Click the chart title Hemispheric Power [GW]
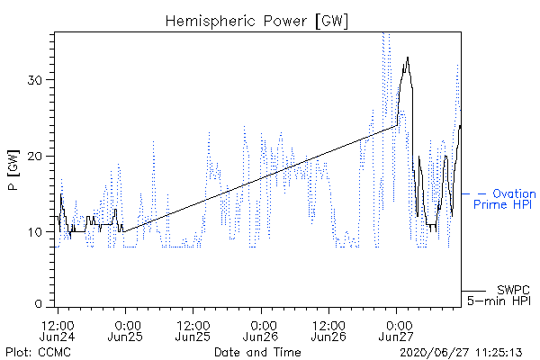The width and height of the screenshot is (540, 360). tap(256, 22)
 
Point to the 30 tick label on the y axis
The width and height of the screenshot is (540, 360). tap(34, 80)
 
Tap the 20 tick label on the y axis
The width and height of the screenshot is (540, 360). tap(34, 157)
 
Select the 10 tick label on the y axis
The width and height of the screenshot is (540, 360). tap(34, 232)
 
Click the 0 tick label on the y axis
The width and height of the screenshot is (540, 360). tap(38, 303)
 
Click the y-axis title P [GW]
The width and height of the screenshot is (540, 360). tap(13, 170)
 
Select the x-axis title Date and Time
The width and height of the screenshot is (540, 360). tap(257, 352)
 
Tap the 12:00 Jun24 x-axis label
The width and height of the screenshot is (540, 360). tap(58, 330)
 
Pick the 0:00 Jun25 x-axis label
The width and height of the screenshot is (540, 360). tap(125, 330)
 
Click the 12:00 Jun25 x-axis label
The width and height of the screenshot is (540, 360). tap(193, 330)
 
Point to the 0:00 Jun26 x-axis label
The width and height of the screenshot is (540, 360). tap(261, 330)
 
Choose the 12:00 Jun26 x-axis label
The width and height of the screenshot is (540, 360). tap(328, 330)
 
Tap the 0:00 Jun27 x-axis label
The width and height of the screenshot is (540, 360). tap(396, 330)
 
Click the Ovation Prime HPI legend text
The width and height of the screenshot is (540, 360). tap(505, 199)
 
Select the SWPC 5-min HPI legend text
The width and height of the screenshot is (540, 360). tap(499, 295)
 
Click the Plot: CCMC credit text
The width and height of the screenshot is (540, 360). tap(38, 352)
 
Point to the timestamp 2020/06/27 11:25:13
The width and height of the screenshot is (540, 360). tap(461, 353)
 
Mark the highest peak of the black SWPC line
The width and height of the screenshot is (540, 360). tap(408, 58)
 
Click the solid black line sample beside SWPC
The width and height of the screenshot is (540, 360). tap(473, 291)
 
